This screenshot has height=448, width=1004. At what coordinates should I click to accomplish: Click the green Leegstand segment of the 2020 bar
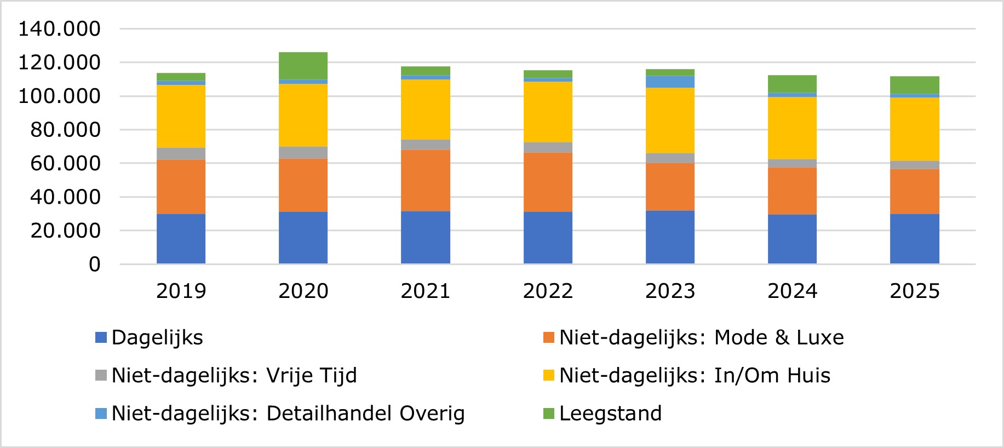pyautogui.click(x=303, y=66)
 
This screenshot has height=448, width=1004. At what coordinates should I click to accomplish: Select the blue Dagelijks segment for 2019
pyautogui.click(x=181, y=239)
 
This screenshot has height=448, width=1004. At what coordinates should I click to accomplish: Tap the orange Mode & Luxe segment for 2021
pyautogui.click(x=425, y=180)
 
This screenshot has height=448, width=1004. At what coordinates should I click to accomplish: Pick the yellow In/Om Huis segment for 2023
pyautogui.click(x=670, y=120)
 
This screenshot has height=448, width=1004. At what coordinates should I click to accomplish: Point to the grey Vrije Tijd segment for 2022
pyautogui.click(x=548, y=147)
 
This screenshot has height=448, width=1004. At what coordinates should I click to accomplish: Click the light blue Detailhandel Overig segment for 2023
pyautogui.click(x=670, y=82)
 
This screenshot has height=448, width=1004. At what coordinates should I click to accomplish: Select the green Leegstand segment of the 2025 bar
pyautogui.click(x=914, y=85)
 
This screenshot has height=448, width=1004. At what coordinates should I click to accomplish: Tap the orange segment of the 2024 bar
pyautogui.click(x=792, y=191)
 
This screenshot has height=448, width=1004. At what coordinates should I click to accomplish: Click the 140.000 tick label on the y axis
pyautogui.click(x=59, y=29)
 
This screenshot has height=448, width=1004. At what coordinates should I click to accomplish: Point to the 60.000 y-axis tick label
pyautogui.click(x=65, y=163)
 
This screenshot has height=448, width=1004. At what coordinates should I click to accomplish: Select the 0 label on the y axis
pyautogui.click(x=95, y=265)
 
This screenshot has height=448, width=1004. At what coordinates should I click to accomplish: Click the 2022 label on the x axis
pyautogui.click(x=548, y=291)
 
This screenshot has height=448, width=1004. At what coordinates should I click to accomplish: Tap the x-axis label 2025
pyautogui.click(x=914, y=291)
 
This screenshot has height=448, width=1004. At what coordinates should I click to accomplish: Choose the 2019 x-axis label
pyautogui.click(x=181, y=291)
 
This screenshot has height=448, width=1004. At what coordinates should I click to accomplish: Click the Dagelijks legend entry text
pyautogui.click(x=157, y=337)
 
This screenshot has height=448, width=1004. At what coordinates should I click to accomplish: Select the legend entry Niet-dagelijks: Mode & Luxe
pyautogui.click(x=701, y=337)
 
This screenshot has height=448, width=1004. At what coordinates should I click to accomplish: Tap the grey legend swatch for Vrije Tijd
pyautogui.click(x=101, y=376)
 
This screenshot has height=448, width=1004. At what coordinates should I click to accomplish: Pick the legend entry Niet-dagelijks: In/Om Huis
pyautogui.click(x=695, y=376)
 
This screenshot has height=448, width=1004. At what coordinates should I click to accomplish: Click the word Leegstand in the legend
pyautogui.click(x=610, y=413)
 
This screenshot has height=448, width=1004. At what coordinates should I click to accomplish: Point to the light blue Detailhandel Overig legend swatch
pyautogui.click(x=101, y=413)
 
